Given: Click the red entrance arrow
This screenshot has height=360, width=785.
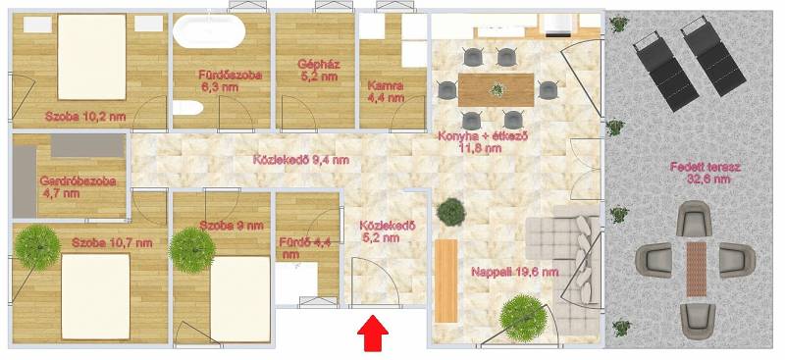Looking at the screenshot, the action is (x=373, y=333).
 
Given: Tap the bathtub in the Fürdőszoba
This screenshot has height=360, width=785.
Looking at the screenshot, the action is (x=209, y=31).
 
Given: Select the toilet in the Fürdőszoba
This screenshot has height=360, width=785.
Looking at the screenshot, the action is (x=187, y=108).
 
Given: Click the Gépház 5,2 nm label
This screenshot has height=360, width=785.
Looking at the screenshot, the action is (x=318, y=71).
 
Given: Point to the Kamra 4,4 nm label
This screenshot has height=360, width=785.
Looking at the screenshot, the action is (x=386, y=91).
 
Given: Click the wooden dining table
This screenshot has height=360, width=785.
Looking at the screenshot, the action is (x=497, y=90).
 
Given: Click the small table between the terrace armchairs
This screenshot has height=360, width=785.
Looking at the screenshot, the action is (x=696, y=269).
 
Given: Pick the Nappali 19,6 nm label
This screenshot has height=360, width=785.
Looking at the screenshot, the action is (x=514, y=273).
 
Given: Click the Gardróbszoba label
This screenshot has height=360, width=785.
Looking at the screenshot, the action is (x=78, y=186).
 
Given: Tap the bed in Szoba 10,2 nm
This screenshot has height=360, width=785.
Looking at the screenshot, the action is (x=92, y=57).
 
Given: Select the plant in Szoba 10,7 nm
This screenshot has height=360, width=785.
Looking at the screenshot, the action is (x=37, y=248).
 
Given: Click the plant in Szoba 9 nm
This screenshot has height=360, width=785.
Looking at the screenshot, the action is (x=192, y=250).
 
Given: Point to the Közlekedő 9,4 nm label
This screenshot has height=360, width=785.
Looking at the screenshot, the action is (x=301, y=160).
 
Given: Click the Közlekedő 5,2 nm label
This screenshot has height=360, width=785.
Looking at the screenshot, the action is (x=388, y=231).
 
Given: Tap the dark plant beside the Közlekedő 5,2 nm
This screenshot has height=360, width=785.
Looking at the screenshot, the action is (x=451, y=212).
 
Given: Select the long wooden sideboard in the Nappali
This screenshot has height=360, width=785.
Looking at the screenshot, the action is (x=446, y=281).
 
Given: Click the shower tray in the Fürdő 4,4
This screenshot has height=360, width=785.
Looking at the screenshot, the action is (x=296, y=283).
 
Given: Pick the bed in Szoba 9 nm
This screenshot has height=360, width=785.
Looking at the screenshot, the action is (x=240, y=299).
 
